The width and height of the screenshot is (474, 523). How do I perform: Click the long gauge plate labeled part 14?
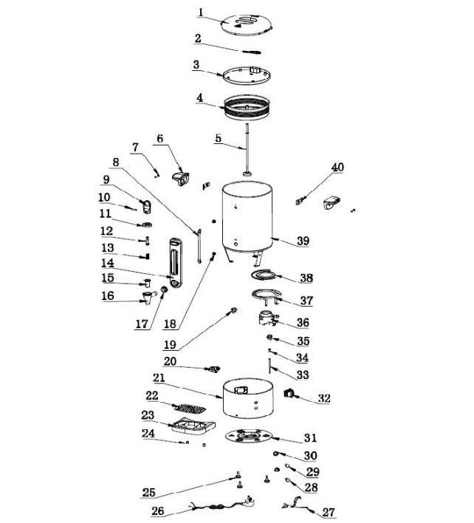(174, 263)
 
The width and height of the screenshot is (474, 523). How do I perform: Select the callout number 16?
(109, 295)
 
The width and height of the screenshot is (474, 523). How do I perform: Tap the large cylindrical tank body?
(247, 218)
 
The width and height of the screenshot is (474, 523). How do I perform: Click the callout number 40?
(337, 168)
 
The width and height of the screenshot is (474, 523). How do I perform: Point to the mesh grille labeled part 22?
(192, 406)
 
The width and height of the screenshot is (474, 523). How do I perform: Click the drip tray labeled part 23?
(191, 425)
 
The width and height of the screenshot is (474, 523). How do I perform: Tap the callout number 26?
(157, 510)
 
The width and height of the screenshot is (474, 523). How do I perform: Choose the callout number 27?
(328, 511)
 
